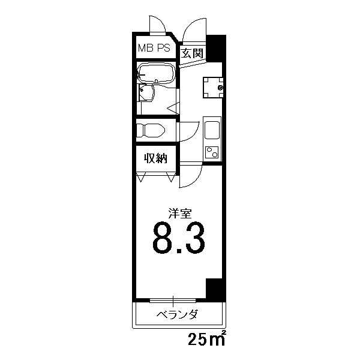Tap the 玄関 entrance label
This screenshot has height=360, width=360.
click(x=192, y=53)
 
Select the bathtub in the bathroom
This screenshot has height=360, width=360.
click(x=155, y=74)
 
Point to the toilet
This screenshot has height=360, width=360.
click(x=152, y=130)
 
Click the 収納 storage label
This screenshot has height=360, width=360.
click(x=155, y=158)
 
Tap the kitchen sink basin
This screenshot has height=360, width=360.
click(x=212, y=130)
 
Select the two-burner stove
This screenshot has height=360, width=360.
click(x=212, y=151)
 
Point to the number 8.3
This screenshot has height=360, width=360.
click(x=178, y=238)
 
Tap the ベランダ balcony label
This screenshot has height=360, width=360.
click(x=178, y=314)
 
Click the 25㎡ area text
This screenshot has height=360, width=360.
click(x=206, y=340)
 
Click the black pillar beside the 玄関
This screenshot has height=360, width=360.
click(x=216, y=47)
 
